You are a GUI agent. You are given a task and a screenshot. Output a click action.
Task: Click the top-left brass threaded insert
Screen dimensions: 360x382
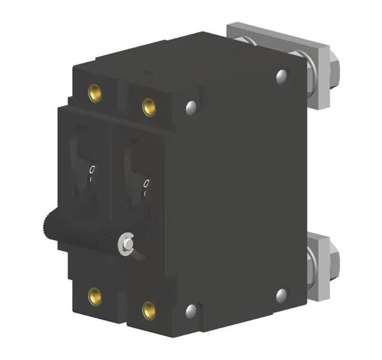click(95, 92)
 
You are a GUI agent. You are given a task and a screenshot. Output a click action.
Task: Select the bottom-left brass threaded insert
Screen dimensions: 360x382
click(95, 295)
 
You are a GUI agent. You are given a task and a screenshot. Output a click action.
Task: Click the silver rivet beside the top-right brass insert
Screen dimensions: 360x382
click(191, 108)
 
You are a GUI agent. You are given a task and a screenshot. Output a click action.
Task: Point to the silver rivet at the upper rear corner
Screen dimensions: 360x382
click(282, 76)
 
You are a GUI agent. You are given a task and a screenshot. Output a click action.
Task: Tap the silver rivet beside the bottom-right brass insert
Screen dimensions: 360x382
click(191, 310)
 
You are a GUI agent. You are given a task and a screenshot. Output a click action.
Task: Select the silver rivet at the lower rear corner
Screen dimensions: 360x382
click(282, 295)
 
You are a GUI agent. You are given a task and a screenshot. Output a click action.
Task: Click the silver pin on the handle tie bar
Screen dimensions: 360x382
click(127, 243)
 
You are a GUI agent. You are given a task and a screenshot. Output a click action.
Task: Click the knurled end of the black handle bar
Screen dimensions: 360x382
click(50, 227)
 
